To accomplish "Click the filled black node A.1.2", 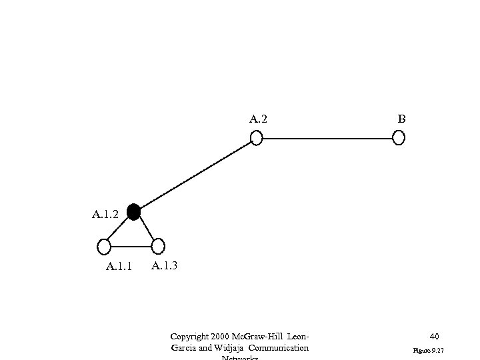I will [133, 212].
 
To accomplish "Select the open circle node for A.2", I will [256, 138].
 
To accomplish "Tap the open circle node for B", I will [399, 138].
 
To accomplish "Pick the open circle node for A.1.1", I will [104, 247].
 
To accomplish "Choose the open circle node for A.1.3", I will [158, 247].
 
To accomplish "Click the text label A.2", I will [259, 120].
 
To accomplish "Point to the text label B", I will [401, 119].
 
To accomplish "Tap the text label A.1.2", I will [105, 215].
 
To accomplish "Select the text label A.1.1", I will [119, 267].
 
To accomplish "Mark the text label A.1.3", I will [165, 266].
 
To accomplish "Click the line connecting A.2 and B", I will [327, 138].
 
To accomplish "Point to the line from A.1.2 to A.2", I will [195, 175].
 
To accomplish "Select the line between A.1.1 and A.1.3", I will [131, 247].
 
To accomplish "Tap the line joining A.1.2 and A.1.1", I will [119, 229].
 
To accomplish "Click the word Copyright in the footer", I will [189, 337].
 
